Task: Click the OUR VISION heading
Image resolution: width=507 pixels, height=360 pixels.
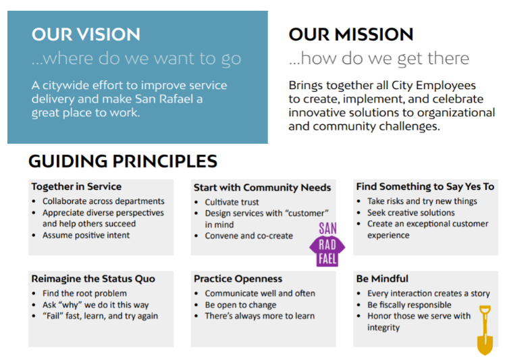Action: [86, 34]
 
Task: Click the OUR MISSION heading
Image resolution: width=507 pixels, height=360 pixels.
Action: [351, 34]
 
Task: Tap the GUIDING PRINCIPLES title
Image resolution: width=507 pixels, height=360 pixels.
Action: [123, 161]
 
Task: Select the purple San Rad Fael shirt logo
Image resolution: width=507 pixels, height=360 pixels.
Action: [327, 245]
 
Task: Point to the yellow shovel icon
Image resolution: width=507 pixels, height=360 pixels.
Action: [485, 330]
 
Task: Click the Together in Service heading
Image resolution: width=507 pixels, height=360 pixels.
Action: [76, 186]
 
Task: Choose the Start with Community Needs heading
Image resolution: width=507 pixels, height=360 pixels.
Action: [262, 188]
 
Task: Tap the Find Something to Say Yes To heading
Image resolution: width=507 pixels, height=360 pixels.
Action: [425, 186]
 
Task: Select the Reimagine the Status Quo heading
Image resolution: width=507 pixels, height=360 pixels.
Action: [93, 279]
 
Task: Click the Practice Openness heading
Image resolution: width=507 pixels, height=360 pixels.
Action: [238, 279]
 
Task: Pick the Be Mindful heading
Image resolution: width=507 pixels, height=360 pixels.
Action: [382, 279]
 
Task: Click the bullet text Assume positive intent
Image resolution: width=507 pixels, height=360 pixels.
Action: [86, 235]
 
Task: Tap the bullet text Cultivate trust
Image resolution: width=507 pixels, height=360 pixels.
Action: [232, 202]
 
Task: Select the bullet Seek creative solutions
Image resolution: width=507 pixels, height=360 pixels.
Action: [411, 213]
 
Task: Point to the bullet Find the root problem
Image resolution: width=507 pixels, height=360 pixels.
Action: [84, 293]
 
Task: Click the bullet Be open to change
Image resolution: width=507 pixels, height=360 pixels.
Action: [240, 305]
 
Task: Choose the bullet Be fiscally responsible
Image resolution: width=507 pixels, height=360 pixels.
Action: [409, 305]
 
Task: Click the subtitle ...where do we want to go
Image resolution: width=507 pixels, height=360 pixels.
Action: [136, 59]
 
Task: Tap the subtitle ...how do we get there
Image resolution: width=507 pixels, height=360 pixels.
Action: [379, 59]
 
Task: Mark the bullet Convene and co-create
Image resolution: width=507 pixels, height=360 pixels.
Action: [249, 236]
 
